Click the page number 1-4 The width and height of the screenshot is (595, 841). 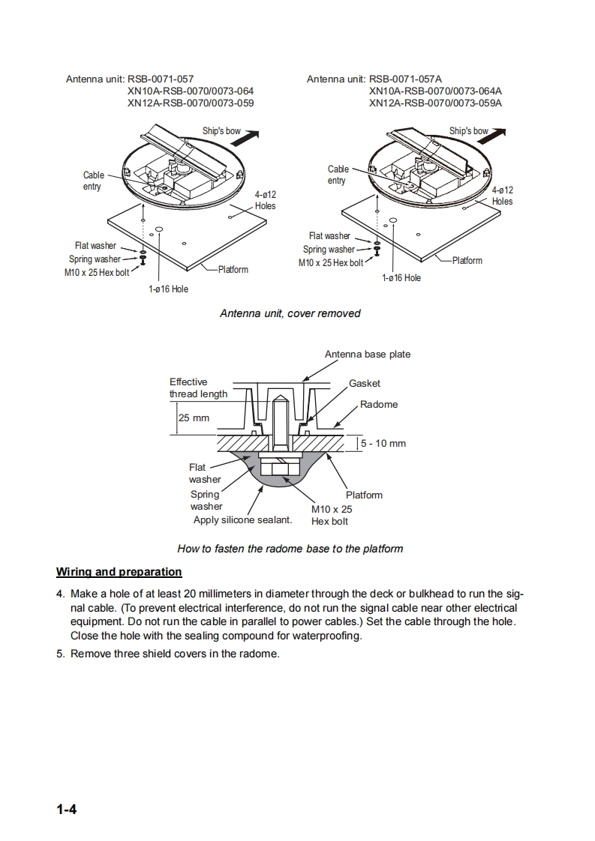[x=67, y=810]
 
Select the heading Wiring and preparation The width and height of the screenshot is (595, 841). [x=119, y=572]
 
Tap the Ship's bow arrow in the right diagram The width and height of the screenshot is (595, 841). [x=492, y=135]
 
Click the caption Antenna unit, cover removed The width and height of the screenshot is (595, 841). [x=290, y=313]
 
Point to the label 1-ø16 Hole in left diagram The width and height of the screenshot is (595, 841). [x=169, y=289]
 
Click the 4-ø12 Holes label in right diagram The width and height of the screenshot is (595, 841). [x=503, y=196]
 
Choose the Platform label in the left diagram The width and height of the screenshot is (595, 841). [x=233, y=269]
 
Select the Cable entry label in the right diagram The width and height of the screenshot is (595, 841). [x=338, y=175]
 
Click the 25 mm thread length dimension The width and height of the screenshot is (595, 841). [x=194, y=418]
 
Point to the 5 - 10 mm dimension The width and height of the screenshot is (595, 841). [x=383, y=444]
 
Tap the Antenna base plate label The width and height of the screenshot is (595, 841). [x=368, y=354]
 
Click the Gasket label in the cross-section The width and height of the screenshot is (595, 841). [x=365, y=384]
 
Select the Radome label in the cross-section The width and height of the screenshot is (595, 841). [x=379, y=405]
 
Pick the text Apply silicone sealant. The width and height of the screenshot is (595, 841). [x=242, y=519]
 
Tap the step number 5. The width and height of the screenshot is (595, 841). [x=60, y=654]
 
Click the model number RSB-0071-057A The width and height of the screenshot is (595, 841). [x=405, y=79]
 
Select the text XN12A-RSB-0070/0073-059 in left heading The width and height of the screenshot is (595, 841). [x=191, y=103]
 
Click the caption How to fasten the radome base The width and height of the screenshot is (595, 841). [x=290, y=549]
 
